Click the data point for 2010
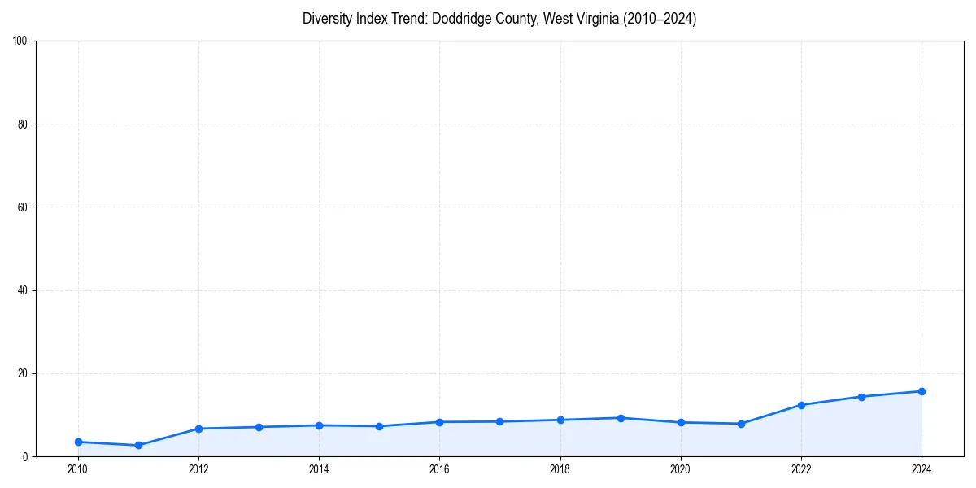coord(78,442)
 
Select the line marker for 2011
coord(138,446)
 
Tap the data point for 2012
coord(198,429)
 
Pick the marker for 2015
coord(379,426)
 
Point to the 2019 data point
coord(621,418)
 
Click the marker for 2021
coord(741,424)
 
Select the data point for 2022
coord(801,405)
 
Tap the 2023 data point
coord(861,397)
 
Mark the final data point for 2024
coord(922,391)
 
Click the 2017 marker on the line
coord(499,421)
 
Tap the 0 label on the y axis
coord(25,457)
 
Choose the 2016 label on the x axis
coord(439,468)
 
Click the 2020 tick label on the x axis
coord(681,468)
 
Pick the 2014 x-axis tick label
coord(319,468)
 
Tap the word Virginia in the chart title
coord(594,19)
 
